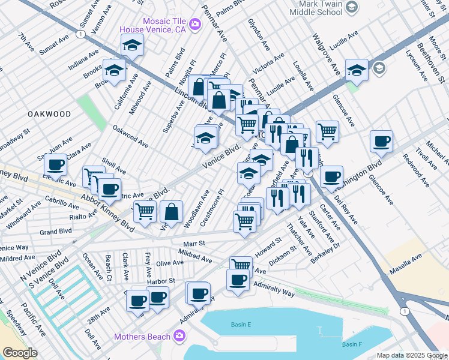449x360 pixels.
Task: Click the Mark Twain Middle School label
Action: tap(316, 7)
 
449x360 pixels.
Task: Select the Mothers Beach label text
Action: tap(143, 337)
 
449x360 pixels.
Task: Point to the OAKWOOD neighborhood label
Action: tap(49, 113)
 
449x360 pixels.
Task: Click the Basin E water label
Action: tap(240, 325)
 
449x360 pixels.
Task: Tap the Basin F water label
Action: tap(352, 344)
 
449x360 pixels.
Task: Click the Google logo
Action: tap(20, 353)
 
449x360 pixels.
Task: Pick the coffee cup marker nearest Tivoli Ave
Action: tap(381, 142)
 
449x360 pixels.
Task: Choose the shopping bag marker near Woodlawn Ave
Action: tap(171, 211)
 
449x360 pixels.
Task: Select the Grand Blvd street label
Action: tap(56, 231)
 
